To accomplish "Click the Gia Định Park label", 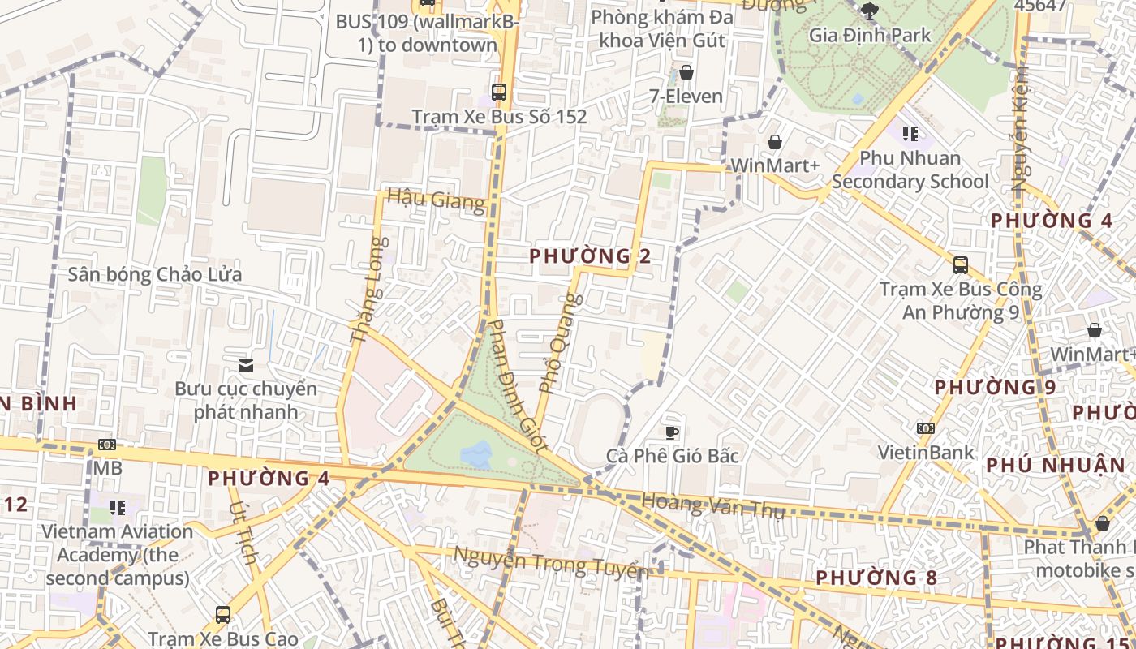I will [871, 36].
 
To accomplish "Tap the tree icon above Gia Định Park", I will [870, 11].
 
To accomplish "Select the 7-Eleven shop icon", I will [686, 72].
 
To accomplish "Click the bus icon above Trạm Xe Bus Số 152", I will [498, 92].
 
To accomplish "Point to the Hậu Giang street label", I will [436, 199].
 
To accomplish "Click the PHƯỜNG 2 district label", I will [590, 256].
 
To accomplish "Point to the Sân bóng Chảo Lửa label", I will [154, 274].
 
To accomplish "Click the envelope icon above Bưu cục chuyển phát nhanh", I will [246, 366].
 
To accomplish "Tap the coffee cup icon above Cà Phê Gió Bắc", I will [672, 432].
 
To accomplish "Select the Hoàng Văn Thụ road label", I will [713, 505].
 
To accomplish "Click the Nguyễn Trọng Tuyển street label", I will [551, 562].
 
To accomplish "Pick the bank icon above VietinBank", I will [925, 428].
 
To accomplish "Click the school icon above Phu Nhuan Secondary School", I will [910, 134].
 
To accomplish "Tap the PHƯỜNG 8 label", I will [876, 578].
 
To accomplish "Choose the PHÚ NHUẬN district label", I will [1056, 466].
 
